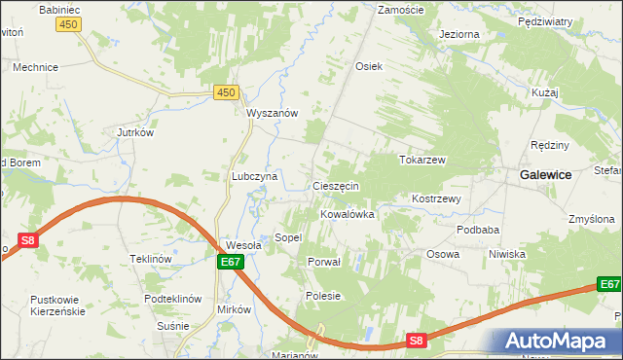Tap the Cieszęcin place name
(336, 185)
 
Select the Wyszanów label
(272, 112)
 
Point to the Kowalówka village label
(348, 214)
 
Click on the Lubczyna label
(255, 176)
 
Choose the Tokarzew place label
(421, 159)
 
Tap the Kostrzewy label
(436, 198)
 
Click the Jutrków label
(136, 132)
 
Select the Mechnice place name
(35, 68)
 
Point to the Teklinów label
(151, 259)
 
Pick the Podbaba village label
(478, 230)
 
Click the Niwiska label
(507, 254)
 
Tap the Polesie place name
(323, 296)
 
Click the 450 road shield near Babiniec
(68, 23)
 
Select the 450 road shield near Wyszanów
(226, 92)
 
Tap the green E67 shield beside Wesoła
(229, 262)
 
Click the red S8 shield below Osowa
(417, 340)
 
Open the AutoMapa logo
(558, 342)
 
